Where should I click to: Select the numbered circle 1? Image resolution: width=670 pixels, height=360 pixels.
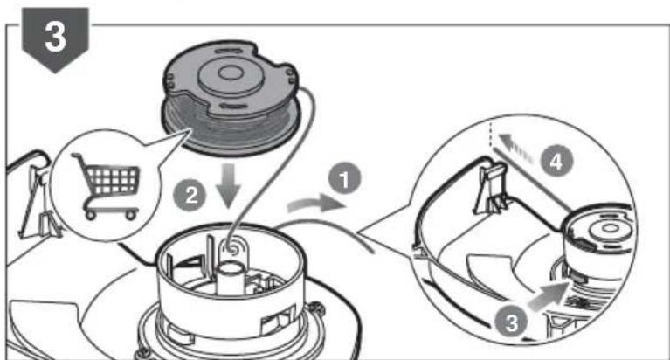point(347,182)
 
